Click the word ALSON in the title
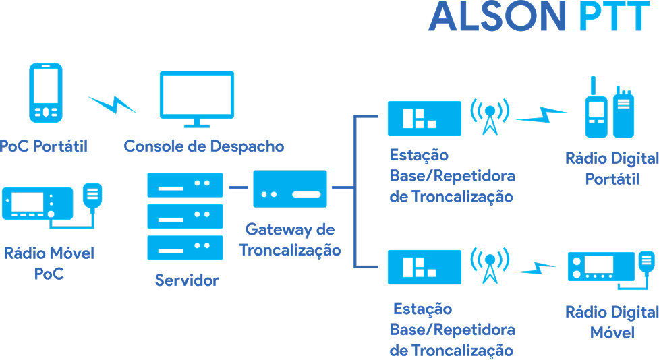(x=497, y=16)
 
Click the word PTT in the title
(x=614, y=16)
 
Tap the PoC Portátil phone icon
(x=46, y=93)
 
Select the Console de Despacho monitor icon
(x=197, y=99)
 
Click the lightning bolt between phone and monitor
(x=112, y=104)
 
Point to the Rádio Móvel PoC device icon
(x=52, y=206)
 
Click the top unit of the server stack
(x=185, y=185)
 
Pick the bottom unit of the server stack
(x=185, y=247)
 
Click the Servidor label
(x=187, y=280)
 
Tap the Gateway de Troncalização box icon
(x=290, y=189)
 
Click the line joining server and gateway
(x=238, y=187)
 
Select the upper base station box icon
(x=424, y=119)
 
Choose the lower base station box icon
(x=424, y=267)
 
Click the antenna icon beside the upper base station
(x=490, y=116)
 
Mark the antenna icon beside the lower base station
(x=490, y=265)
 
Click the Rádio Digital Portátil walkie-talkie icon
(x=609, y=108)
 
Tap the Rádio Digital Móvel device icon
(x=612, y=270)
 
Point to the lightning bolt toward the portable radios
(x=542, y=115)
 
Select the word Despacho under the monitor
(x=247, y=146)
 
